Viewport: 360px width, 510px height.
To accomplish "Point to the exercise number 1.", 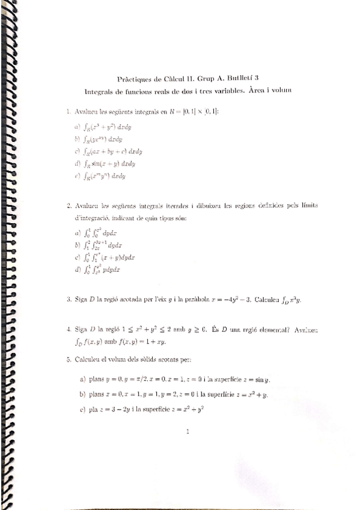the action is click(69, 111).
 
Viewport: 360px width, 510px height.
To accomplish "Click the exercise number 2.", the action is click(69, 206).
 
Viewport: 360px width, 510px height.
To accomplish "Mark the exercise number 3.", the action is click(69, 299).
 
